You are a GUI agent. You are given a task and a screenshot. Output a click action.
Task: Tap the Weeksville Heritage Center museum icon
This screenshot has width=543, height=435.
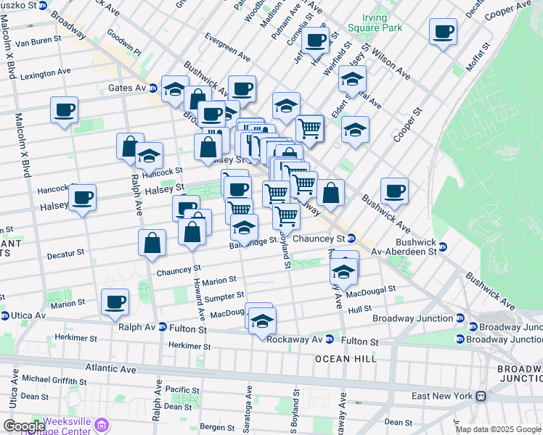(102, 425)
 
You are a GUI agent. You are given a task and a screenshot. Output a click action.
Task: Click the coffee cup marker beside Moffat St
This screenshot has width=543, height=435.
(443, 33)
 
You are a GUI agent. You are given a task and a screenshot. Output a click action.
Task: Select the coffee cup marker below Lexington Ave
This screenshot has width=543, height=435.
(64, 111)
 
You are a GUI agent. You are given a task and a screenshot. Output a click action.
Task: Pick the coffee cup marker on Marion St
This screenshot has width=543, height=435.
(115, 302)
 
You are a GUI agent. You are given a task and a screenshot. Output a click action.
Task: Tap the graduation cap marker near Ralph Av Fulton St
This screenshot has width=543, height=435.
(262, 321)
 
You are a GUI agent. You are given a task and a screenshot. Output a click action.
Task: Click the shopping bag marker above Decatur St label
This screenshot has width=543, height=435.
(152, 244)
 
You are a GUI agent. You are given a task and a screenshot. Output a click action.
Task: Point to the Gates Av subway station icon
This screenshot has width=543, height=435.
(153, 88)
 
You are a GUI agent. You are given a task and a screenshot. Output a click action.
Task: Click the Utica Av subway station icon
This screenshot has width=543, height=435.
(5, 315)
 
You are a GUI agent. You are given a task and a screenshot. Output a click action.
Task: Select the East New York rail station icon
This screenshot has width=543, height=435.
(481, 396)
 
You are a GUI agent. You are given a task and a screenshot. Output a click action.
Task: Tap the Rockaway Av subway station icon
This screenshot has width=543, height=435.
(330, 339)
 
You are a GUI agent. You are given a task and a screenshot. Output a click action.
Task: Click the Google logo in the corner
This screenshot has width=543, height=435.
(23, 426)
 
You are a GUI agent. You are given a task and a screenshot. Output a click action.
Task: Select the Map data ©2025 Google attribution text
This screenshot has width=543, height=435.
(497, 429)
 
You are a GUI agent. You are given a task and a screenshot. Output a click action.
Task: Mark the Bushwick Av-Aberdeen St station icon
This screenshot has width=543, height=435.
(442, 247)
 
